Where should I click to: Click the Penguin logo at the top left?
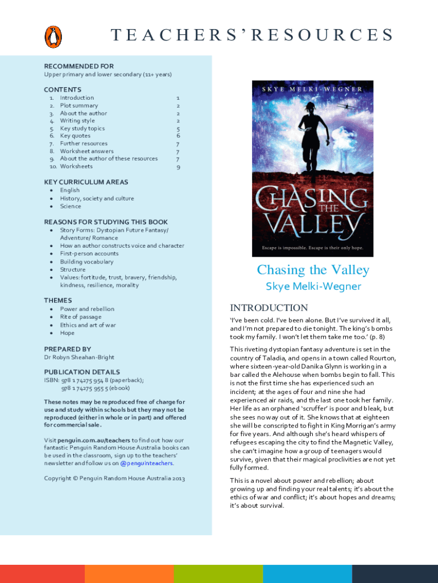click(x=53, y=36)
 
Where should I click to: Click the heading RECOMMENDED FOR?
click(x=78, y=67)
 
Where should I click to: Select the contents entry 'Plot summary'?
click(x=78, y=105)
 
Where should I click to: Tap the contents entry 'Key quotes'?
click(x=75, y=136)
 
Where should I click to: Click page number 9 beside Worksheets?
click(x=178, y=167)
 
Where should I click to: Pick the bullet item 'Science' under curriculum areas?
click(x=71, y=206)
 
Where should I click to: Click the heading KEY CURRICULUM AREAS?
click(x=86, y=182)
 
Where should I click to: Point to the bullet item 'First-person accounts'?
click(x=89, y=253)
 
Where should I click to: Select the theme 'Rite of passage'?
click(x=81, y=317)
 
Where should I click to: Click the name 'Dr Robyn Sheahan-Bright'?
click(x=79, y=357)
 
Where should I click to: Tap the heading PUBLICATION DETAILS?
click(x=82, y=372)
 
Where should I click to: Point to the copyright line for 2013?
click(x=114, y=478)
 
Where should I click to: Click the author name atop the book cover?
click(x=312, y=90)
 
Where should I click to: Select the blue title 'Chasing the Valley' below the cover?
click(x=313, y=270)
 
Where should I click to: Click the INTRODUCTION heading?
click(x=268, y=307)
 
